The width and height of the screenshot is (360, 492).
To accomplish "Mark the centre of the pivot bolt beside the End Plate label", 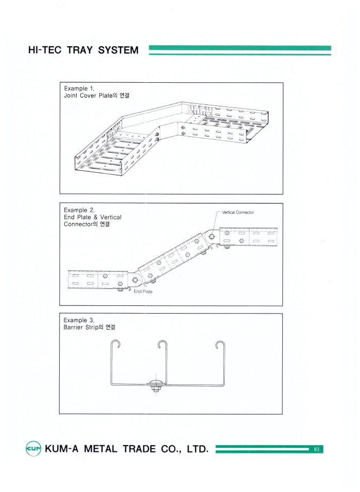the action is tap(135, 280).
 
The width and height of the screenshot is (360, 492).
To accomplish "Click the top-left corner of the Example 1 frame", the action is tap(60, 83).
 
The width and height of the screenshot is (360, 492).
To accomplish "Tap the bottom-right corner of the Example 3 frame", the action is tap(282, 414).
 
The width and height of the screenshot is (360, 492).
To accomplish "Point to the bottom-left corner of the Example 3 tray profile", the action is tap(111, 385).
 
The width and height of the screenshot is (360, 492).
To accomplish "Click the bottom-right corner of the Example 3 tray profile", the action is tap(224, 385).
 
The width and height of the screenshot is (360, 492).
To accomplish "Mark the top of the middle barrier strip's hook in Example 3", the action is tap(163, 340).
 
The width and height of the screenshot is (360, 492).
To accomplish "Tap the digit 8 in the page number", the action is tap(315, 449).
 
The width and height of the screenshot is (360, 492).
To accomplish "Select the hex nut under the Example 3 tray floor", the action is tap(155, 389).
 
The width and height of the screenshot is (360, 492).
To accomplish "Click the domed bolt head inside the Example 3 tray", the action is tap(155, 382).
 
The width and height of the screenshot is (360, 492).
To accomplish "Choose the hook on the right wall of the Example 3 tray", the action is tap(220, 345).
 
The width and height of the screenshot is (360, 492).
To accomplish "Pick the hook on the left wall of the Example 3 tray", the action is tap(116, 344).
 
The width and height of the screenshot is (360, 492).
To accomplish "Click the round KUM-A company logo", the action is tap(33, 449).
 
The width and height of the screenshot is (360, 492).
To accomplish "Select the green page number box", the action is tap(316, 449).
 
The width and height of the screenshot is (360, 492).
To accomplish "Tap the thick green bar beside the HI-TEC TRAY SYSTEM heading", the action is tap(240, 48).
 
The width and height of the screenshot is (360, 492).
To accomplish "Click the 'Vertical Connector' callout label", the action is tap(238, 212).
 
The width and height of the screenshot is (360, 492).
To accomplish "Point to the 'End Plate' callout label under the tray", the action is tap(143, 291).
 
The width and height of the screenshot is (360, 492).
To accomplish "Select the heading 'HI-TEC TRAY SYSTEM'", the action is tap(83, 50).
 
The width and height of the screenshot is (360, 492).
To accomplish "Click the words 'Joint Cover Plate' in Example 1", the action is tap(88, 96).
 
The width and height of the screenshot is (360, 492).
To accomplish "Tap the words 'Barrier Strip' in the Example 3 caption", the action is tap(81, 327).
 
